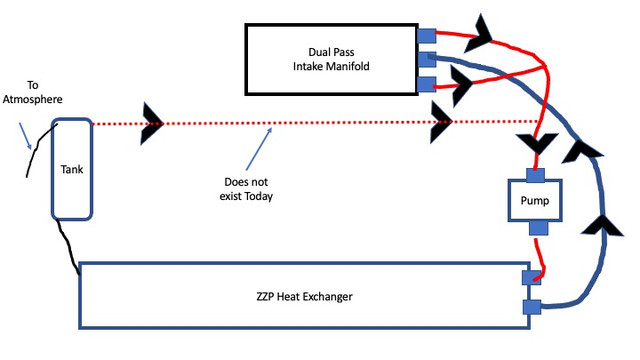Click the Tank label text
72,169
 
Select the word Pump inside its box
535,201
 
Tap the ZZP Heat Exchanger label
304,296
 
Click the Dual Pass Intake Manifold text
331,59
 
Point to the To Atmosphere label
33,92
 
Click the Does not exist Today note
246,189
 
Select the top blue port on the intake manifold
427,36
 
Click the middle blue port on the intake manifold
427,60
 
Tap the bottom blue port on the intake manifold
427,84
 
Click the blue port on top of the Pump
535,175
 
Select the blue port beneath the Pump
538,228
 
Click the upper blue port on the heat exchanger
531,278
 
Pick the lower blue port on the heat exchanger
532,307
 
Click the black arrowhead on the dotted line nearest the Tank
152,124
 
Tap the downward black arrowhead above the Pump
537,144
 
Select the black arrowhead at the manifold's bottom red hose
462,85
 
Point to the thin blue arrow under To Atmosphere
25,136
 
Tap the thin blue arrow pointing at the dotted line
259,149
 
